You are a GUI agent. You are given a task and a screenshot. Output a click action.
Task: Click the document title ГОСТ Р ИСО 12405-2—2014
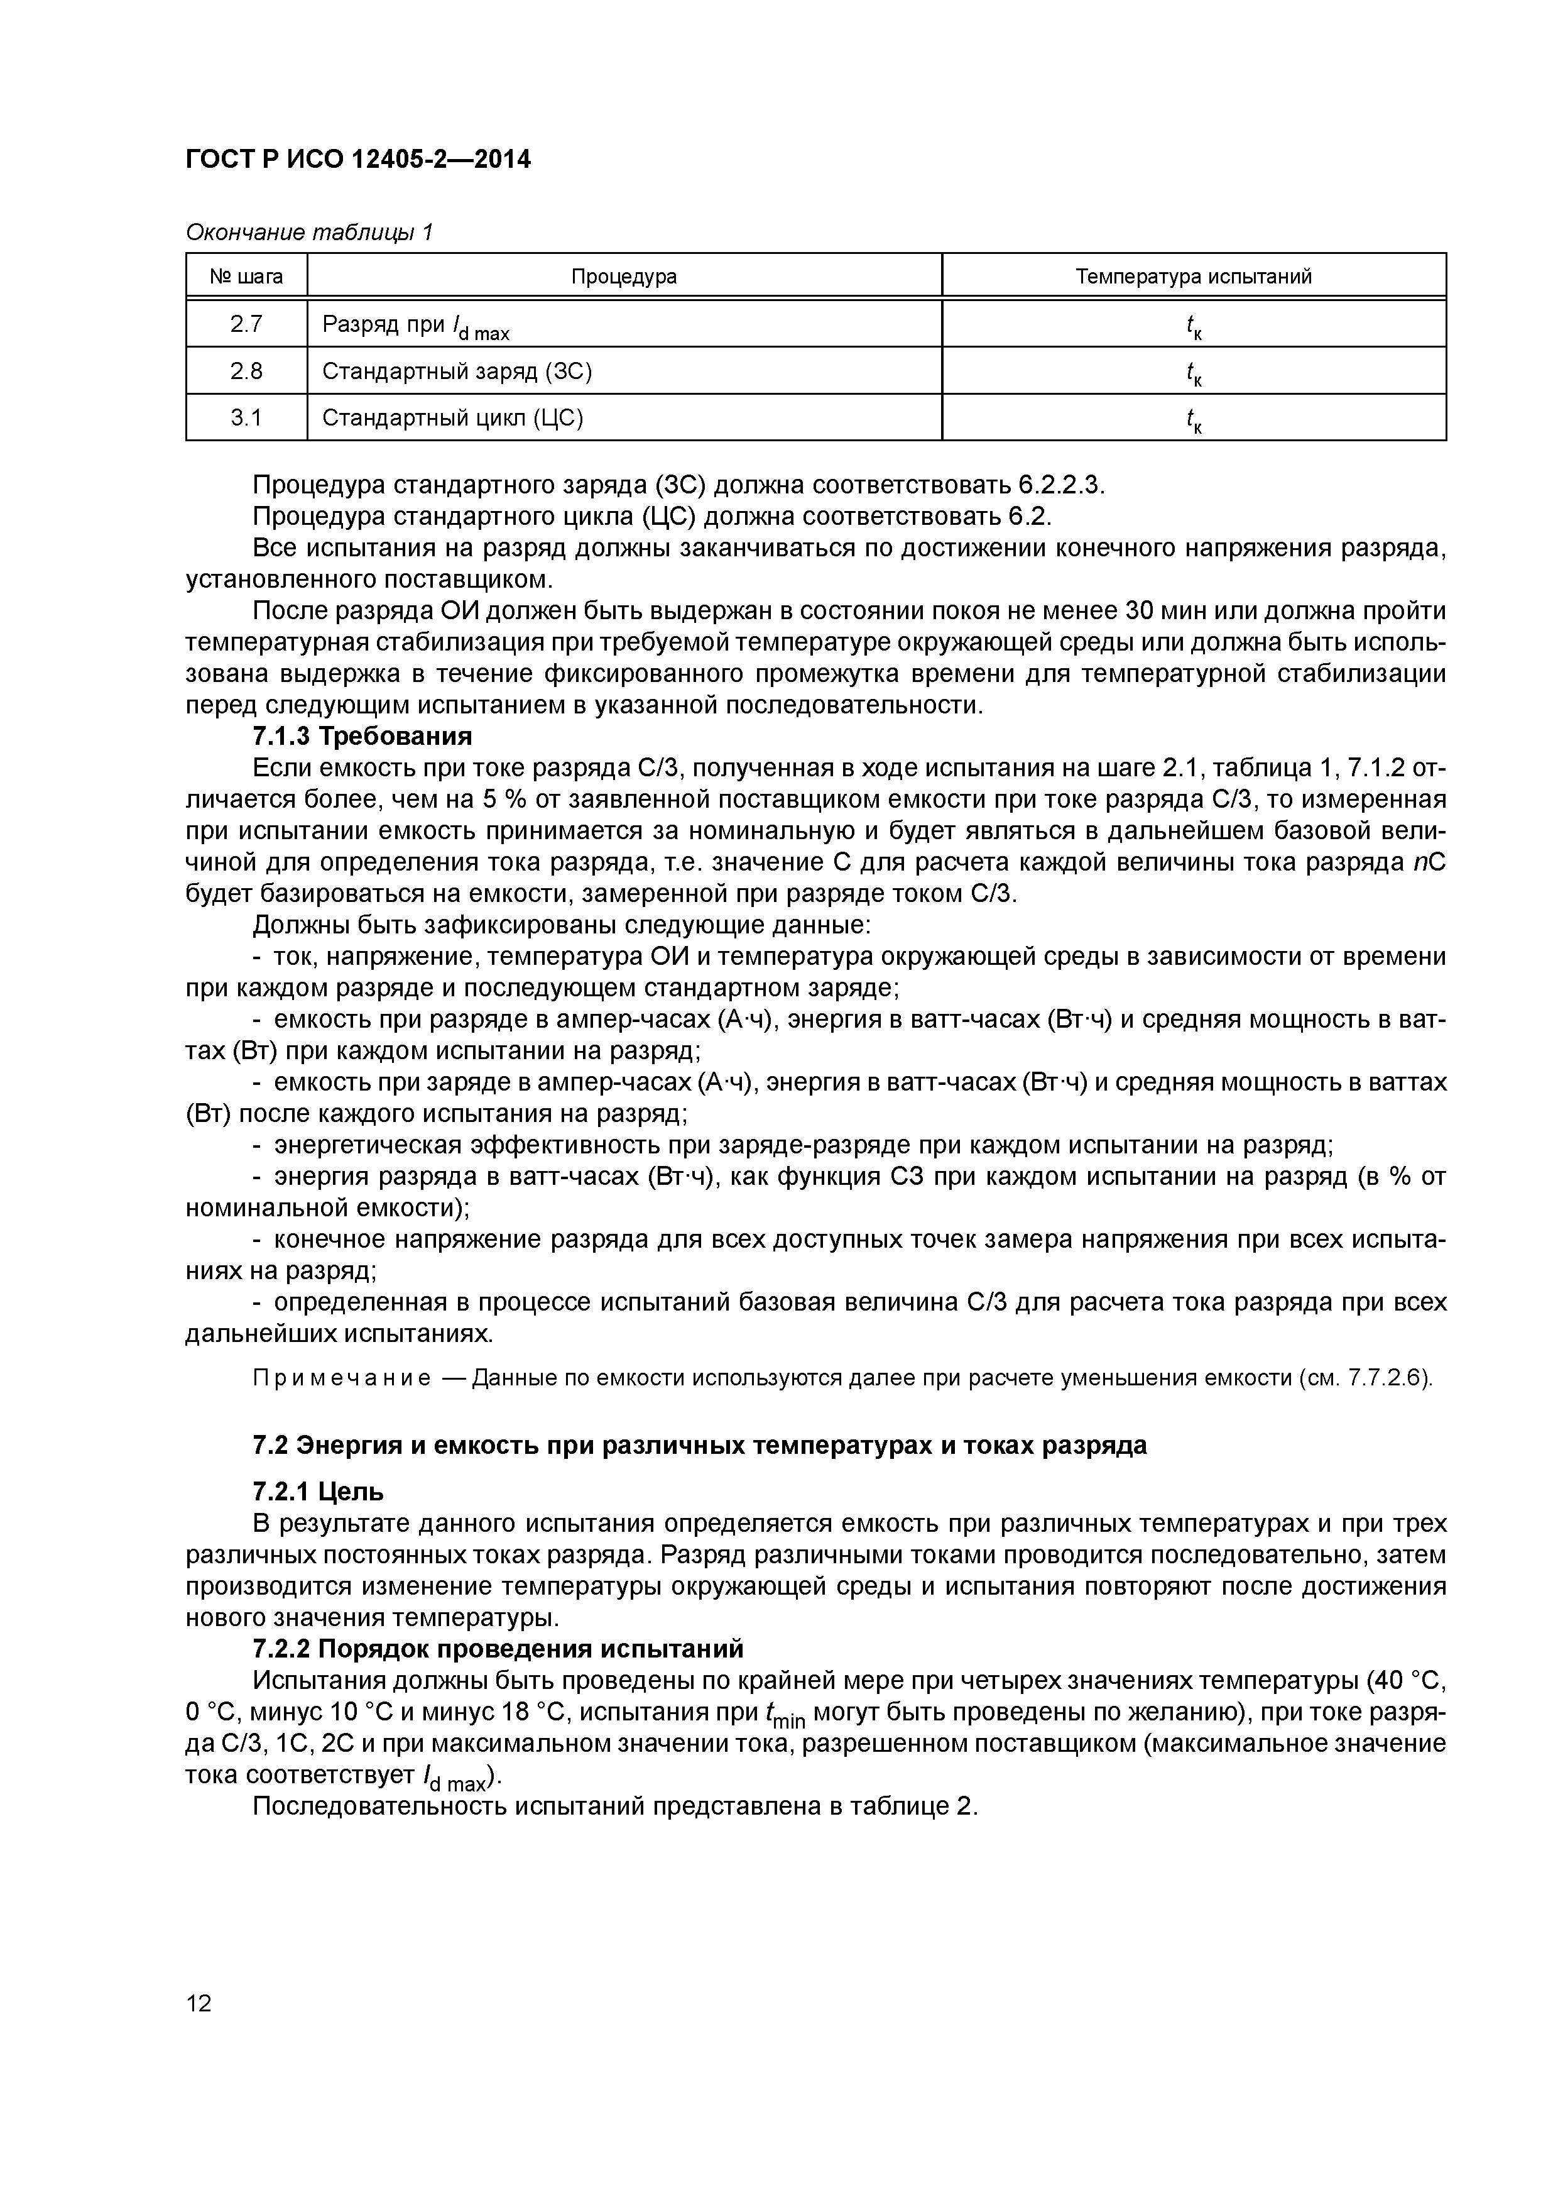(357, 160)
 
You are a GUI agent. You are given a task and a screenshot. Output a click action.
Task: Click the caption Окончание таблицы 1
(309, 233)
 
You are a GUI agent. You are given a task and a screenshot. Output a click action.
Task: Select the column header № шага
(247, 277)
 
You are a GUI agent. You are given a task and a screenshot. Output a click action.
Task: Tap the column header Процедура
(624, 277)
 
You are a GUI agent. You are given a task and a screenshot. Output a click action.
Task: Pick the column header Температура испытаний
(1193, 277)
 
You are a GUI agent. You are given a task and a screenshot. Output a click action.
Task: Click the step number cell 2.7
(247, 324)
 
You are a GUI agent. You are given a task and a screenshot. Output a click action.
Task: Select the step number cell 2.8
(247, 371)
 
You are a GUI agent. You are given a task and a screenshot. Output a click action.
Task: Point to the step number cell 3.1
(247, 418)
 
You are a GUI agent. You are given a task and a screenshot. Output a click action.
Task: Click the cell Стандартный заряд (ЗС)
(457, 371)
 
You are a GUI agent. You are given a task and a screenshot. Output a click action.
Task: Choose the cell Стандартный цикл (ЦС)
(453, 418)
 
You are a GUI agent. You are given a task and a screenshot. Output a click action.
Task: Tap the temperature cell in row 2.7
(1193, 326)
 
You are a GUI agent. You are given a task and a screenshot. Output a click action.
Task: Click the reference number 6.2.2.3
(1060, 485)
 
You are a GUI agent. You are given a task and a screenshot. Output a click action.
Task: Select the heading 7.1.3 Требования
(362, 737)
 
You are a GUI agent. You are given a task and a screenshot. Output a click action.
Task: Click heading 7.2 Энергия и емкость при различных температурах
(699, 1444)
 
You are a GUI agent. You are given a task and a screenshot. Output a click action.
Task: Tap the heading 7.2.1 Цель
(318, 1492)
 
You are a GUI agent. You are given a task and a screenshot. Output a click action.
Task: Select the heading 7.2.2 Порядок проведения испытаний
(498, 1649)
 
